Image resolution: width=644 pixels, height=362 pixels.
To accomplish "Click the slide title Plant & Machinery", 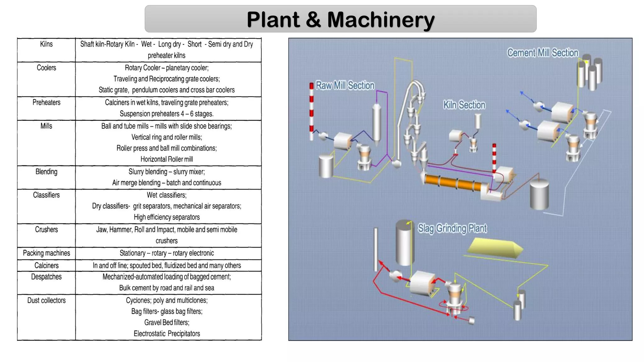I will (x=341, y=19).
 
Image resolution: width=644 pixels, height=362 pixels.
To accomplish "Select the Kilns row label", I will (x=46, y=44).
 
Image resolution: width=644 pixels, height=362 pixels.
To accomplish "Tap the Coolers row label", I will (x=46, y=68).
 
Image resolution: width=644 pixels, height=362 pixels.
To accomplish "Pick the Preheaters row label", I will (x=46, y=102).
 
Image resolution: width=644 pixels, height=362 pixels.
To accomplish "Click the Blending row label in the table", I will (x=46, y=172).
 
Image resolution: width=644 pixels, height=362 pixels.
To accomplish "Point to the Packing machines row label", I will (x=46, y=253).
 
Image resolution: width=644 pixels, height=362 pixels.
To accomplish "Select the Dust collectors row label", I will (x=46, y=300).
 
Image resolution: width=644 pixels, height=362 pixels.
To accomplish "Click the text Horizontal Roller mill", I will (x=167, y=159).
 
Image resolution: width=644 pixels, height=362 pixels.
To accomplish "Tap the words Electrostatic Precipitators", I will (x=167, y=334).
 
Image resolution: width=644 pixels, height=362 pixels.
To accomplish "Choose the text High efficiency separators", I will (x=167, y=217).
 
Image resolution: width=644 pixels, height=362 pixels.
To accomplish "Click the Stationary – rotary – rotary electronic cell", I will (x=167, y=253).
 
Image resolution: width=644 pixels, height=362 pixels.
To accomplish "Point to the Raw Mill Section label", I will (x=345, y=85).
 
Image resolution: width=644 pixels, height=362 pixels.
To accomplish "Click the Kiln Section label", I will (x=464, y=105).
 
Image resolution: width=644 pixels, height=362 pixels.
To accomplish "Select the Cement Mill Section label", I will (x=542, y=53).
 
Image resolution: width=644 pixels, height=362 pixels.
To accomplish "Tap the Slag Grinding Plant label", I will (x=452, y=228).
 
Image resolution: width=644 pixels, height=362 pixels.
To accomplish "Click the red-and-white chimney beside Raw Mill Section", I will (x=311, y=112).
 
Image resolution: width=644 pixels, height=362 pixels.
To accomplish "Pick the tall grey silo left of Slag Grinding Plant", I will (x=404, y=244).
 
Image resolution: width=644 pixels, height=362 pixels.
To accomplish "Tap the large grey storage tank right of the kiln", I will (x=539, y=195).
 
